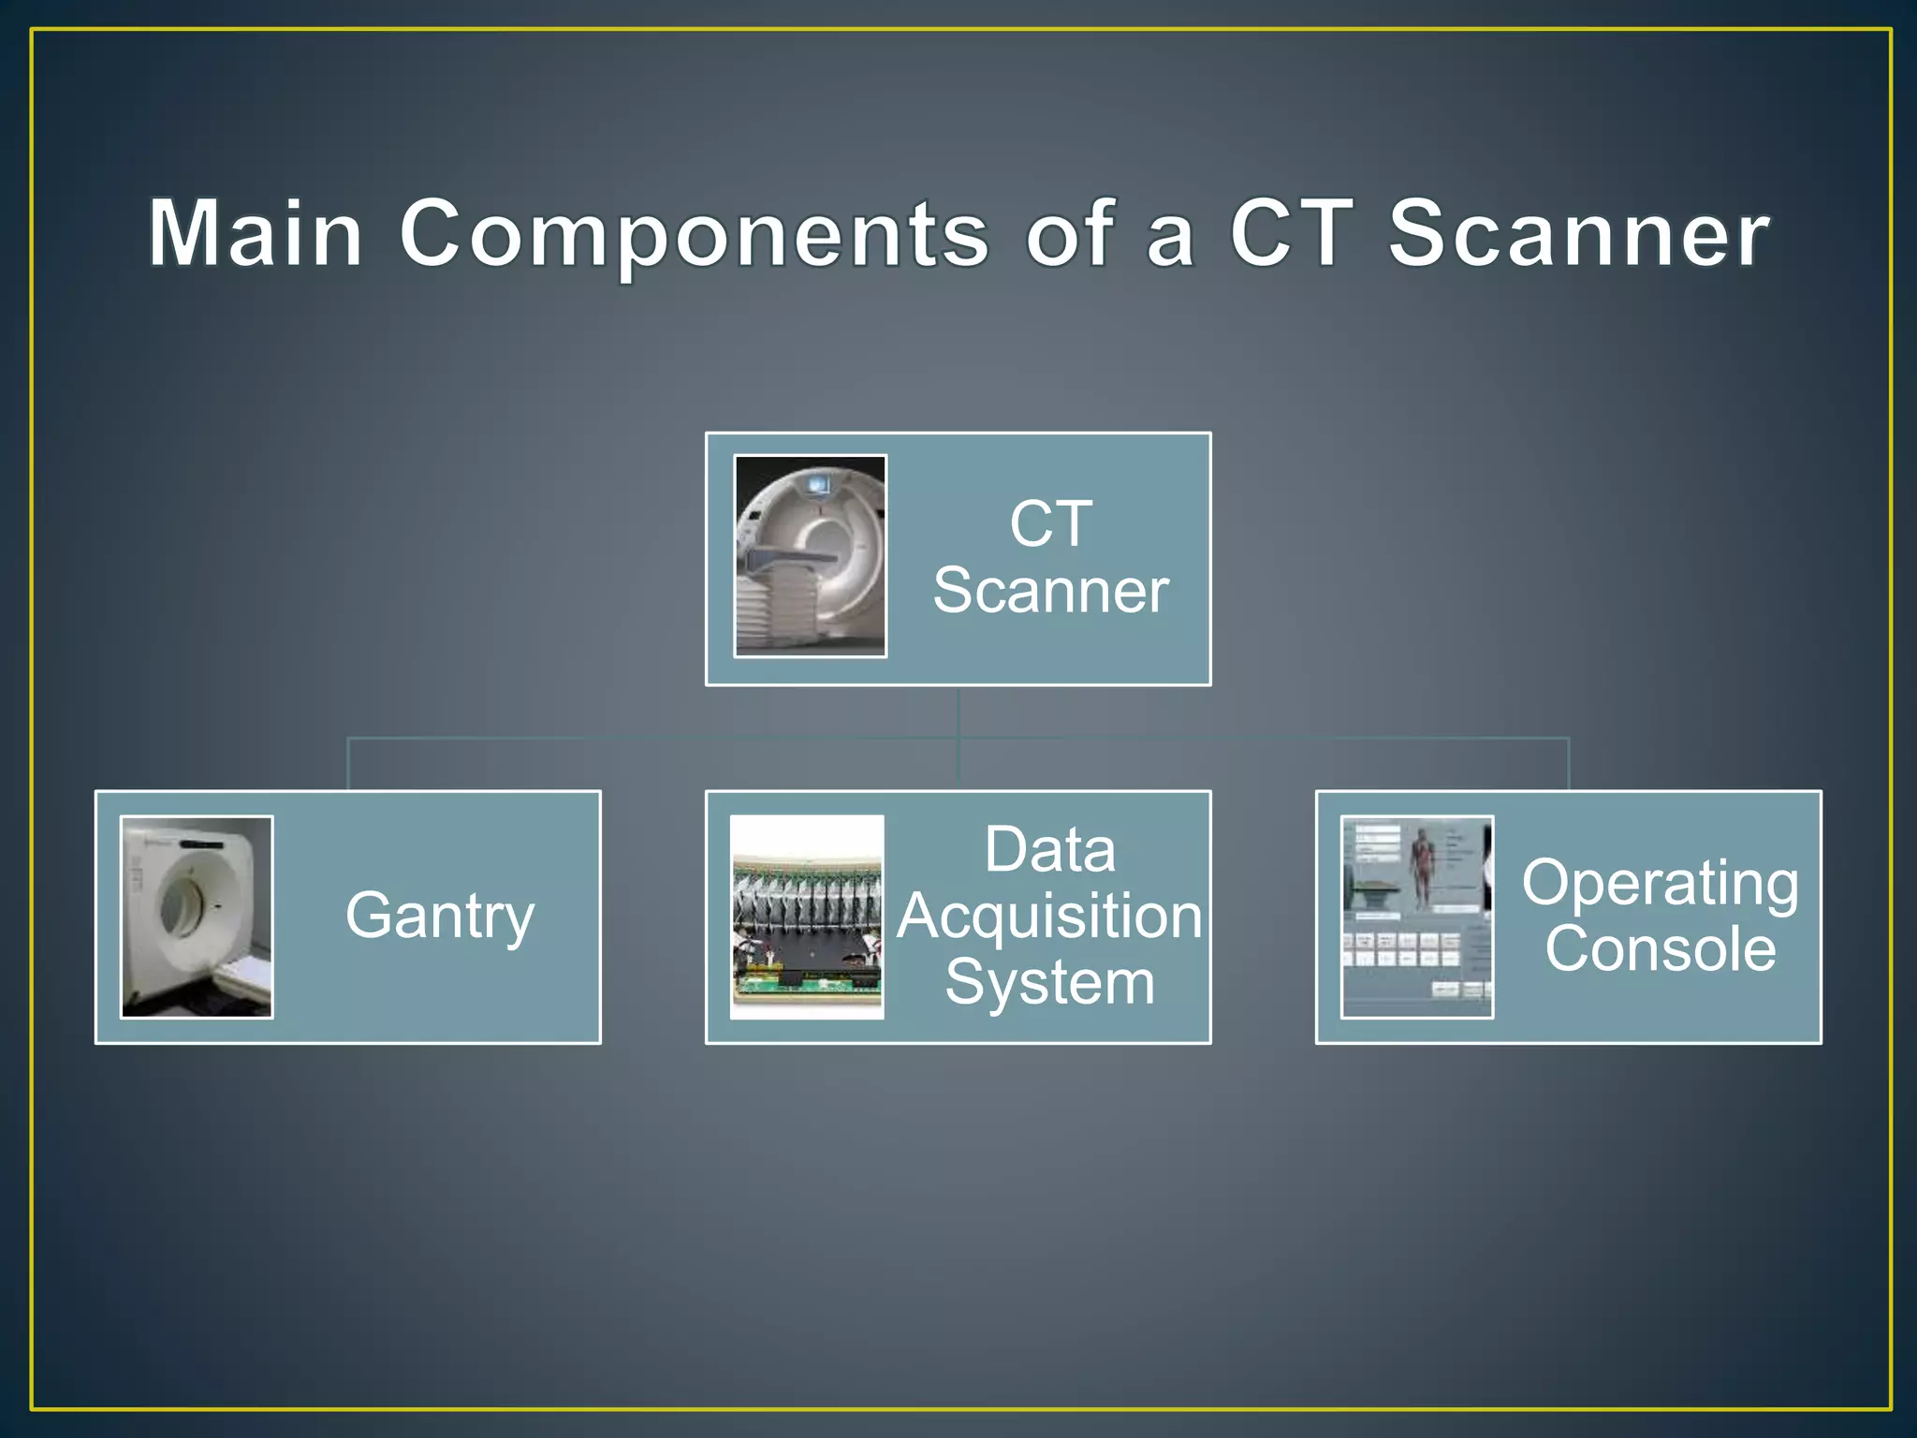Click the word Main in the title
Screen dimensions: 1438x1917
coord(256,233)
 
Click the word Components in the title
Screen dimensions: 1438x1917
coord(694,233)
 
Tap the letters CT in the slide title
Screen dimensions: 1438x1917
coord(1291,233)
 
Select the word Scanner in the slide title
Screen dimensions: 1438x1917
coord(1578,233)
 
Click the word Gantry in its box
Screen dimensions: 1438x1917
coord(440,916)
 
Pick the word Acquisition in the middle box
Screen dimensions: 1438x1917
coord(1049,916)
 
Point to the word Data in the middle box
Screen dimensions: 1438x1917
coord(1049,850)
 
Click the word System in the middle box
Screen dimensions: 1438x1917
coord(1049,982)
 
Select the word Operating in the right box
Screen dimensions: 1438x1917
coord(1660,883)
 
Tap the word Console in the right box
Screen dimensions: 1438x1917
coord(1660,948)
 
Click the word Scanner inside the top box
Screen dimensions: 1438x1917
coord(1050,591)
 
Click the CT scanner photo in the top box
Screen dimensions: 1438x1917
coord(811,556)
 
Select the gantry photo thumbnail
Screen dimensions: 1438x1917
coord(197,916)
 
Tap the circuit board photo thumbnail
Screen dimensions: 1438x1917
coord(807,916)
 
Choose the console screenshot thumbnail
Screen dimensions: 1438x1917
coord(1417,916)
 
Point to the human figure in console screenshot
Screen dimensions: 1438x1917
coord(1423,866)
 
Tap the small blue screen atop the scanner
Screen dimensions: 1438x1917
coord(817,484)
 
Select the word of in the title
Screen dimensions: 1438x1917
coord(1069,233)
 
